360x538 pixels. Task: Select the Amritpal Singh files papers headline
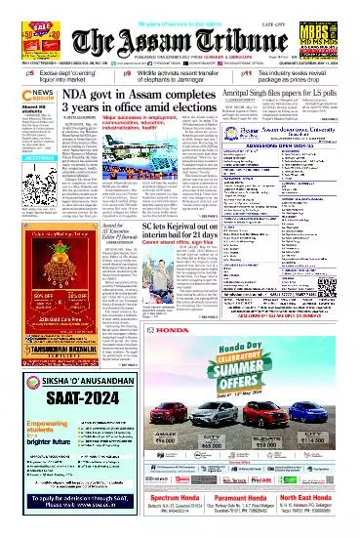(295, 91)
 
